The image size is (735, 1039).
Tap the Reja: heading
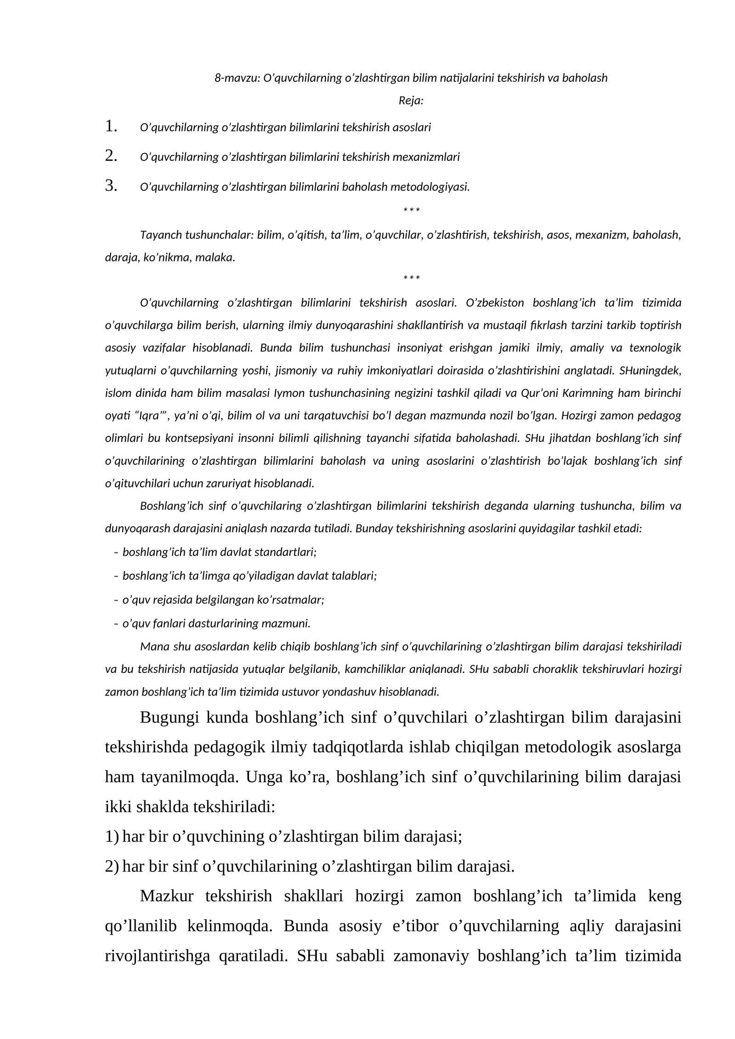pos(411,101)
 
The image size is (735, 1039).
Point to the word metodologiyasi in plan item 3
pos(429,187)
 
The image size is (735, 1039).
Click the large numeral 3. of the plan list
pos(111,186)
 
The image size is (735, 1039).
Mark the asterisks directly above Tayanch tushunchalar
pos(411,211)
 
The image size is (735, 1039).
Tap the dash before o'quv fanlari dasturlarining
pos(116,624)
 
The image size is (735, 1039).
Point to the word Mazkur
pos(166,896)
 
